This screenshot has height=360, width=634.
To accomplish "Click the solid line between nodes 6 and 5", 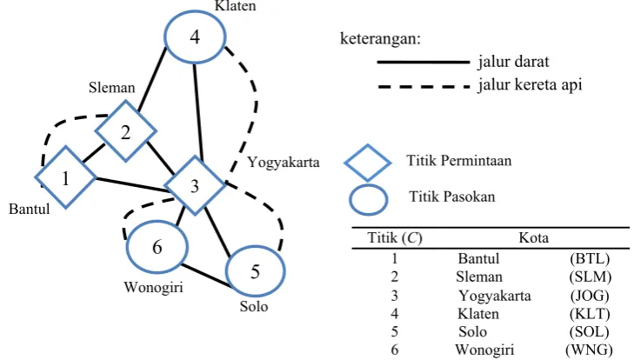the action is pyautogui.click(x=206, y=276).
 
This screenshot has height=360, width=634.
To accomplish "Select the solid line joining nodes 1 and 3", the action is pyautogui.click(x=131, y=184).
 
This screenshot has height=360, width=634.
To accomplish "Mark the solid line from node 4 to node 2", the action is pyautogui.click(x=152, y=79).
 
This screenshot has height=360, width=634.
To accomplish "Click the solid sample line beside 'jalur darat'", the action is pyautogui.click(x=424, y=63).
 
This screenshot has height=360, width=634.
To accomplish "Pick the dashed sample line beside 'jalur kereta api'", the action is pyautogui.click(x=424, y=87).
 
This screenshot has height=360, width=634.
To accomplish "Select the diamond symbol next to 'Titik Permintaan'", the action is pyautogui.click(x=368, y=163).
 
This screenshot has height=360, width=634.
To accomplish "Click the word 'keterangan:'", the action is pyautogui.click(x=380, y=38).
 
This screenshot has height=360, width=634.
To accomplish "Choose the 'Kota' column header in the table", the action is pyautogui.click(x=534, y=237).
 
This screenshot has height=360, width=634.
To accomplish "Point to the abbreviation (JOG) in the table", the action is pyautogui.click(x=590, y=296).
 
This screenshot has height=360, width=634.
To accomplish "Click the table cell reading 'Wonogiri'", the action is pyautogui.click(x=484, y=350).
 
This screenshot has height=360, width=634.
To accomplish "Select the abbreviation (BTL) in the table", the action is pyautogui.click(x=590, y=258).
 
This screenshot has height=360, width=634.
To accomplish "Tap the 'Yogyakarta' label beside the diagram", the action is pyautogui.click(x=284, y=163).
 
